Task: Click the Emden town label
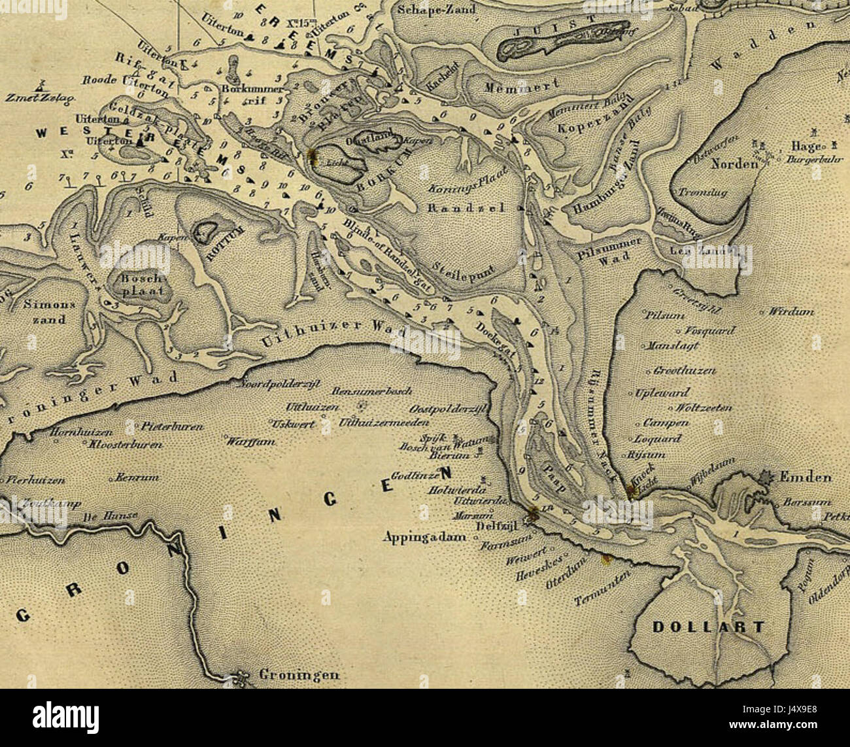coord(806,477)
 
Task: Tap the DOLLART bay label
coord(707,627)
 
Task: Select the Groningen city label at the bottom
coord(299,674)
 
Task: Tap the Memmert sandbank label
coord(521,86)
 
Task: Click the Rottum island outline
coord(207,230)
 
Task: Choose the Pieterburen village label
coord(172,426)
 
